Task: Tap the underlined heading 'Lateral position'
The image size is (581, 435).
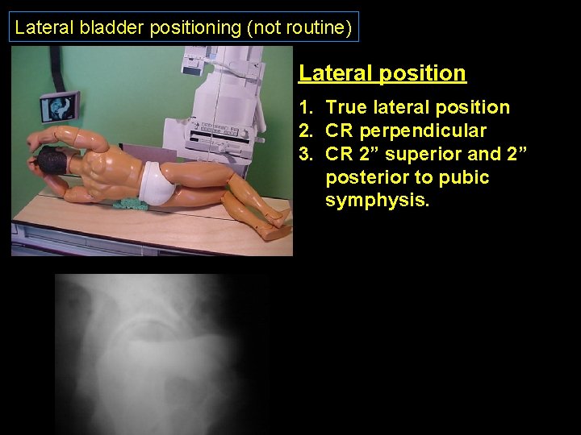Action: point(382,73)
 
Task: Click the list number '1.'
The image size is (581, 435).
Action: point(307,108)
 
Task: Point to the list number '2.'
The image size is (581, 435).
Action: point(307,131)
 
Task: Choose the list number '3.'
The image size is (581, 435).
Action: point(307,154)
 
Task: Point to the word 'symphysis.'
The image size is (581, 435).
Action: point(378,201)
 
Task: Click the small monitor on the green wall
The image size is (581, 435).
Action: point(59,107)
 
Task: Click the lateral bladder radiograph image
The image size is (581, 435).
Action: point(161,354)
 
